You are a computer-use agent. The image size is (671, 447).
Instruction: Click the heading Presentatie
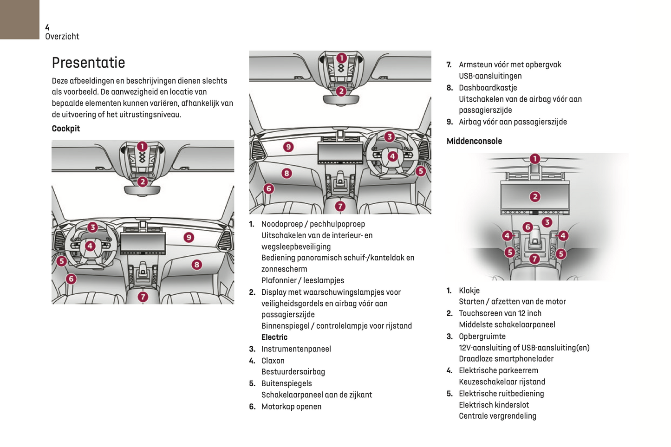88,63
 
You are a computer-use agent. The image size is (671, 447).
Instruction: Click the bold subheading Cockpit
65,129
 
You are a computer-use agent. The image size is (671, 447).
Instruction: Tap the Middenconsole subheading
474,141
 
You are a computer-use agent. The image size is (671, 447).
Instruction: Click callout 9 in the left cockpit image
189,237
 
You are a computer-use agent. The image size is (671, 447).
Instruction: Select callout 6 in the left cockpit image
71,279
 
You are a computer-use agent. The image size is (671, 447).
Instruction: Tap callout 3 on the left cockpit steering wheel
93,227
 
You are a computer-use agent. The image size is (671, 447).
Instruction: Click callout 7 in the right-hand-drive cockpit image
340,206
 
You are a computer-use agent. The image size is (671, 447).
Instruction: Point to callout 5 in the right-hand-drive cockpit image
421,171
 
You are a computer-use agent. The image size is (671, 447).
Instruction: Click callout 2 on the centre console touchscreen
535,196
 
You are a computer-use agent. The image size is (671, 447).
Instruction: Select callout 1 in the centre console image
535,159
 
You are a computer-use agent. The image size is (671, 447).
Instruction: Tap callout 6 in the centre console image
528,227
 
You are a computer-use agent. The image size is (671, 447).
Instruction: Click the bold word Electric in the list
274,337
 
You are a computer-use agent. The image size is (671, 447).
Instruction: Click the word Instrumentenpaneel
296,349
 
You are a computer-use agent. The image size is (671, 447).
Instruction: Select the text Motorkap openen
291,407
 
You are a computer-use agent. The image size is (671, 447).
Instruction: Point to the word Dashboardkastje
488,88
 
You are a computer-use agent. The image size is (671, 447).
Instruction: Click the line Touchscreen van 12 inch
500,313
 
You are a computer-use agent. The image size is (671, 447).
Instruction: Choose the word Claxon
273,361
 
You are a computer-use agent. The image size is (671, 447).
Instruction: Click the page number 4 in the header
47,28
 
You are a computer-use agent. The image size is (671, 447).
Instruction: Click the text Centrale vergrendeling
497,416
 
